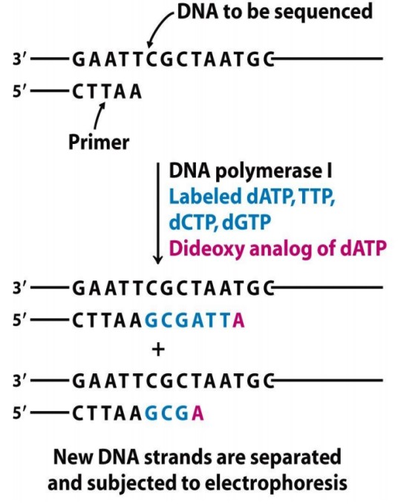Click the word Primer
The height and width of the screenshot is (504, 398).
[99, 142]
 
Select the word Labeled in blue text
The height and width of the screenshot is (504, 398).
[205, 196]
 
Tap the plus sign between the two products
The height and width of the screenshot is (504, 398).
[158, 350]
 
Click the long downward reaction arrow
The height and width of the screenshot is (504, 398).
[158, 214]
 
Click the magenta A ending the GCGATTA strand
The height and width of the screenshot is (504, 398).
[238, 320]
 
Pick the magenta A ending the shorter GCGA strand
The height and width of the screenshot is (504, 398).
[198, 413]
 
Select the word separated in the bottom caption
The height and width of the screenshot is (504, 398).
[296, 457]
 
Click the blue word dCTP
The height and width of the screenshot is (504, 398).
[194, 222]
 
